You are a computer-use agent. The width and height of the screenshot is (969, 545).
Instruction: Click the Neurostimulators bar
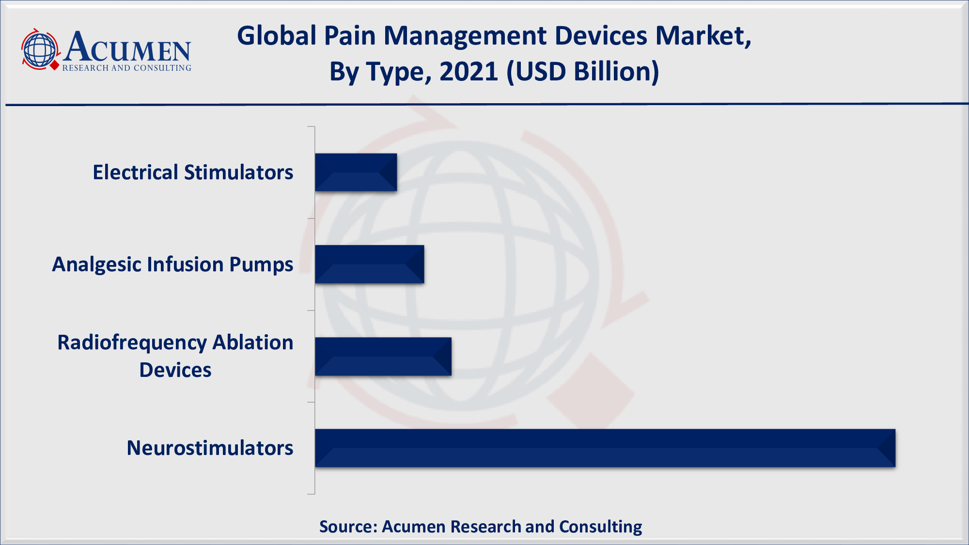(x=605, y=448)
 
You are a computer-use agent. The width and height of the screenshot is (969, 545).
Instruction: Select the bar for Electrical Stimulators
(x=356, y=172)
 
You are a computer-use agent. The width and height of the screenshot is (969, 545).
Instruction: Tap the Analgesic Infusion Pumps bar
(x=370, y=265)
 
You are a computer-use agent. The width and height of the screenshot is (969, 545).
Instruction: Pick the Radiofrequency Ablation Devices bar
(x=383, y=357)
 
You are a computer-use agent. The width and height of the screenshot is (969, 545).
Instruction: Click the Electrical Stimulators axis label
(x=193, y=172)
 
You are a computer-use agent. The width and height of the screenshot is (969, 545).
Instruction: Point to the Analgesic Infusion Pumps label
(x=172, y=265)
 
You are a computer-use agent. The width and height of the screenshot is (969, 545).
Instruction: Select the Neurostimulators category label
(x=210, y=448)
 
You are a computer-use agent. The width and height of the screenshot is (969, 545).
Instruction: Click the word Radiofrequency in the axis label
(x=132, y=343)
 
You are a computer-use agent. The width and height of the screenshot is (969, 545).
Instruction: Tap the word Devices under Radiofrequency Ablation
(x=175, y=370)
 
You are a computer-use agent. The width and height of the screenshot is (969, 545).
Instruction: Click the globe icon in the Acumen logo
(x=40, y=49)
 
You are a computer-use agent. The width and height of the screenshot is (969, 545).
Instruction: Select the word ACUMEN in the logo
(x=127, y=47)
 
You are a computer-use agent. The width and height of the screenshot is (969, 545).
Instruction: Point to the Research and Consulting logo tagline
(x=127, y=68)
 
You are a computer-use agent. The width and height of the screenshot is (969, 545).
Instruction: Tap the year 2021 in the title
(x=469, y=72)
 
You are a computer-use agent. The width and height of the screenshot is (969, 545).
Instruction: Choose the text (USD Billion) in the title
(x=583, y=72)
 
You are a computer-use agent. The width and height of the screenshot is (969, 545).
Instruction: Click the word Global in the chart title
(x=277, y=36)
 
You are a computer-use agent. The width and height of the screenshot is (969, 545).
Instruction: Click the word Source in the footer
(x=348, y=527)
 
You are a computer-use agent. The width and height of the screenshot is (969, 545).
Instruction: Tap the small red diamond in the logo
(x=54, y=65)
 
